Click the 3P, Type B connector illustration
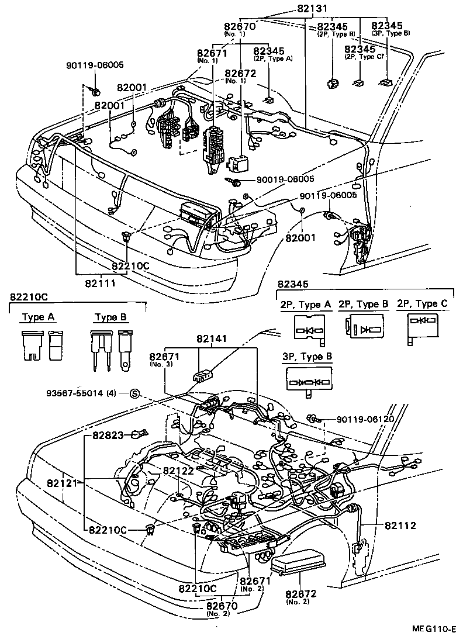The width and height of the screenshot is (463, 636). point(308,382)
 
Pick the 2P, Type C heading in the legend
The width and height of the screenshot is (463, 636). point(421,303)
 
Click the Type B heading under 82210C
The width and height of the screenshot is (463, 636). point(110,317)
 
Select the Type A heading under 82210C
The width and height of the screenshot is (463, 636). point(38,317)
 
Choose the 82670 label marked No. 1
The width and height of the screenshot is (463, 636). point(239,26)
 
